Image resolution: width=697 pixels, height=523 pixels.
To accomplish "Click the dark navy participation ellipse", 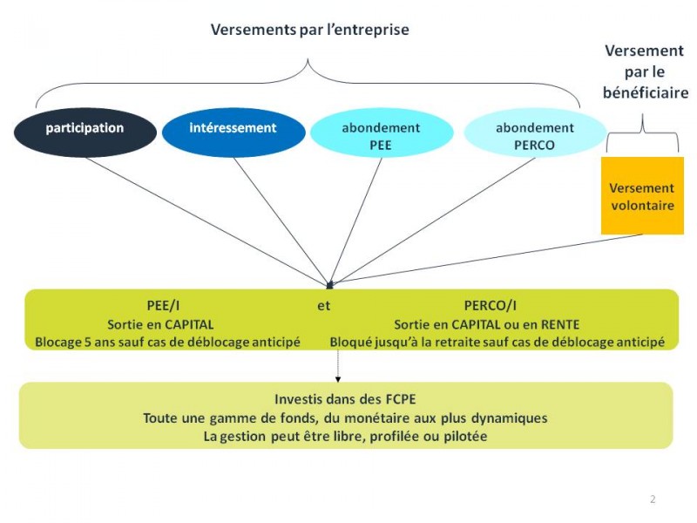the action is (85, 132).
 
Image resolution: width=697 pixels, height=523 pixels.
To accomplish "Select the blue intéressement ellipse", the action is (233, 132).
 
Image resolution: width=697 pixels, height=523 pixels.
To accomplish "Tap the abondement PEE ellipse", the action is (382, 132).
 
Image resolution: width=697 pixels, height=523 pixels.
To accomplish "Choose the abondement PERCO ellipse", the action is (535, 132).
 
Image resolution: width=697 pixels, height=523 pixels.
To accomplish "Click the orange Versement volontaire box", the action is (642, 195).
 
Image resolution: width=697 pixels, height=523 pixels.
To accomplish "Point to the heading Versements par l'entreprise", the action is (310, 30).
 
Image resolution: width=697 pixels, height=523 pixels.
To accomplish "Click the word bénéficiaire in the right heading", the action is (646, 93).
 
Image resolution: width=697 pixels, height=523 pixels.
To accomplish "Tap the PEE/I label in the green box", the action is (163, 306).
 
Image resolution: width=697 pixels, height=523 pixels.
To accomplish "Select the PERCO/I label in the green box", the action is (491, 306).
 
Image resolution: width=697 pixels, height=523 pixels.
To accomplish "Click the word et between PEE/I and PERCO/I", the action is (323, 306).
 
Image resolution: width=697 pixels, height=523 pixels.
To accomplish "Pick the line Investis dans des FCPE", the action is (345, 399).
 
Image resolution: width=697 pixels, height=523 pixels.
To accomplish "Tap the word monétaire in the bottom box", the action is (377, 418).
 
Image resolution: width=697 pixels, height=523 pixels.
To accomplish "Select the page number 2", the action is (653, 499).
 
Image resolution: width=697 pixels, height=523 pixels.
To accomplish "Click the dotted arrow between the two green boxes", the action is (338, 365).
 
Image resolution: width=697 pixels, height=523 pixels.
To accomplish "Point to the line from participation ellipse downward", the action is (207, 221).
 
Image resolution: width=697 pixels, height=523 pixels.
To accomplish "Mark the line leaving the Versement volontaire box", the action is (487, 259).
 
